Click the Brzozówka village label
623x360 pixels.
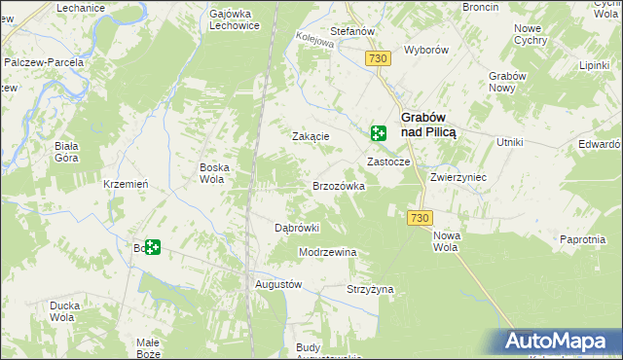[338, 186]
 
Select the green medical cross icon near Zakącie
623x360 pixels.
[377, 134]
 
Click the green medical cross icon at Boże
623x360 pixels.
[153, 248]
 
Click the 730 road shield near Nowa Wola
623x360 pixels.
[420, 218]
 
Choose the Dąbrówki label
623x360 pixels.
[297, 228]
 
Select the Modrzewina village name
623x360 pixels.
[328, 252]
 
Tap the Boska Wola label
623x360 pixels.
[214, 173]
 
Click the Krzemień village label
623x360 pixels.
[126, 185]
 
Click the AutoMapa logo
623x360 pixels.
[557, 342]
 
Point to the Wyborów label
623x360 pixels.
[424, 49]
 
